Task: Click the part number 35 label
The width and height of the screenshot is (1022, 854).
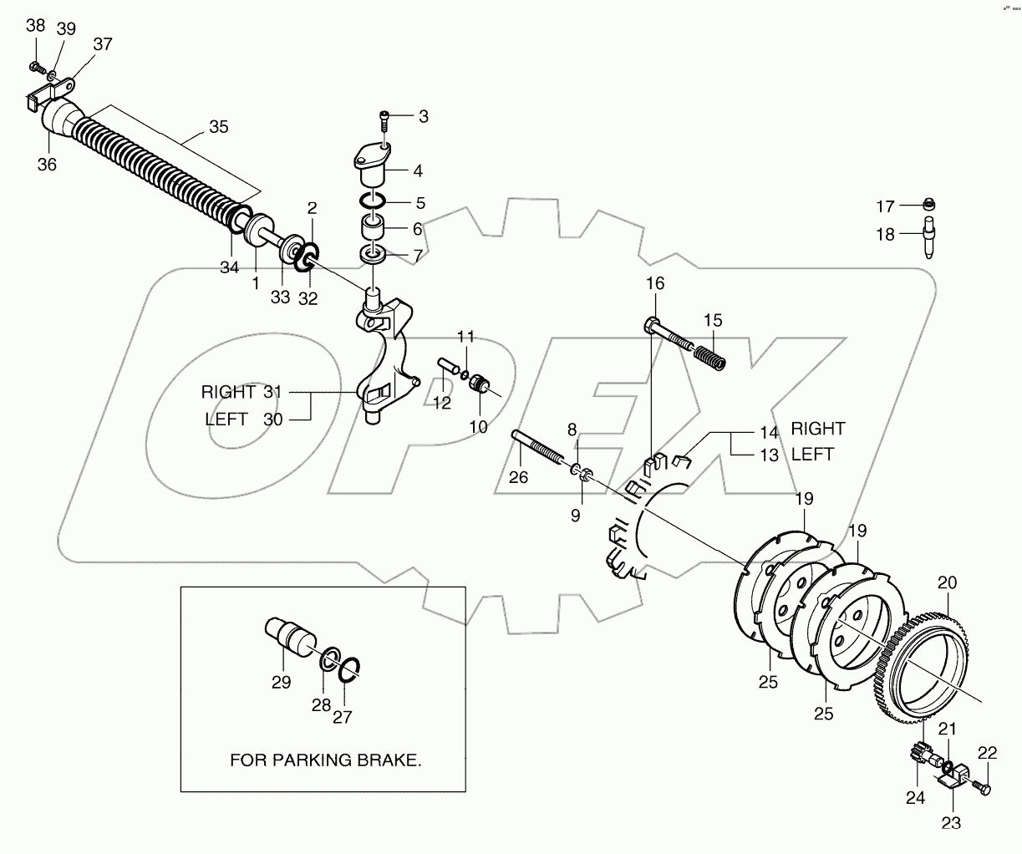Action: pyautogui.click(x=218, y=128)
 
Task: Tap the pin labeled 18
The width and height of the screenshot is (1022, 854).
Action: pyautogui.click(x=928, y=237)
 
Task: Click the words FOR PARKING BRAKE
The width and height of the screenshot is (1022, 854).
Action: pyautogui.click(x=326, y=761)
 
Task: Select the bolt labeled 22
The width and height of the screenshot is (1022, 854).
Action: pyautogui.click(x=983, y=786)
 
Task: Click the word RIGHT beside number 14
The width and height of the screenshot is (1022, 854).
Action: pyautogui.click(x=818, y=429)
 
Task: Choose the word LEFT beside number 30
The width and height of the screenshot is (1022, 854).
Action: pyautogui.click(x=226, y=419)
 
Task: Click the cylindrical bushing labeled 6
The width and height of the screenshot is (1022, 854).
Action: pyautogui.click(x=374, y=227)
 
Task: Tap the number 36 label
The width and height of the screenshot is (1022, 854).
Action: pyautogui.click(x=47, y=165)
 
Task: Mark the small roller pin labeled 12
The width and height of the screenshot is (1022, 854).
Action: pyautogui.click(x=447, y=368)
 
